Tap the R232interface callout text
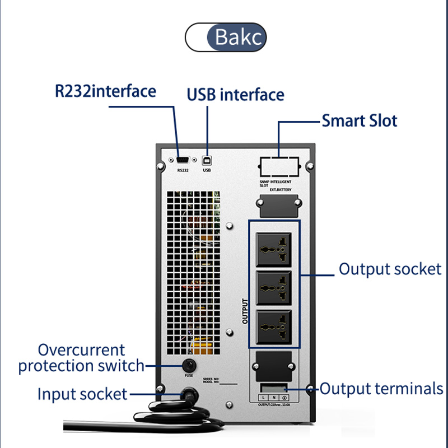(x=105, y=91)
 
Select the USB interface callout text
(x=235, y=94)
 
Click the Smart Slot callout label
(x=359, y=120)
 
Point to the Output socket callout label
(x=390, y=269)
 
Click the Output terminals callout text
(x=381, y=389)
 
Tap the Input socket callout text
(x=82, y=394)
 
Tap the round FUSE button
(x=188, y=365)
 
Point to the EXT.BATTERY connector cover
(x=277, y=205)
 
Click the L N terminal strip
(x=274, y=397)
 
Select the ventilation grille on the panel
(x=193, y=269)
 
